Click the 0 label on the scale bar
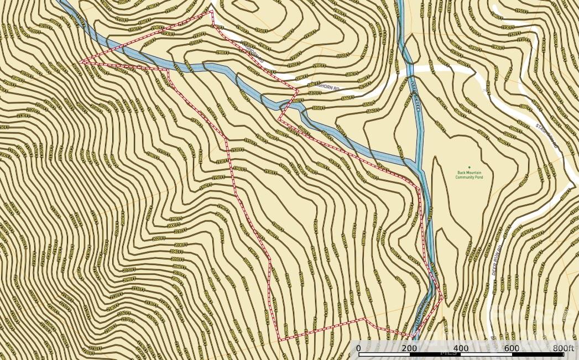coord(359,348)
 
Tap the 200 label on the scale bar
coord(410,348)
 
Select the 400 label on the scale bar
coord(461,348)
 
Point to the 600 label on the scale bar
coord(512,348)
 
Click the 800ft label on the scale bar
coord(564,348)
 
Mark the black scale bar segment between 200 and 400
coord(435,353)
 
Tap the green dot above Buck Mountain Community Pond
coord(469,168)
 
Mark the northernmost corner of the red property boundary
coord(212,11)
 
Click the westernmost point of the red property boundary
coord(81,62)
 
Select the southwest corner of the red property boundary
coord(279,340)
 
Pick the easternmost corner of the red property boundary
coord(442,298)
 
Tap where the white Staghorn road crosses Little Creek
coord(410,69)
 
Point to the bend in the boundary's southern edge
coord(364,319)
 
